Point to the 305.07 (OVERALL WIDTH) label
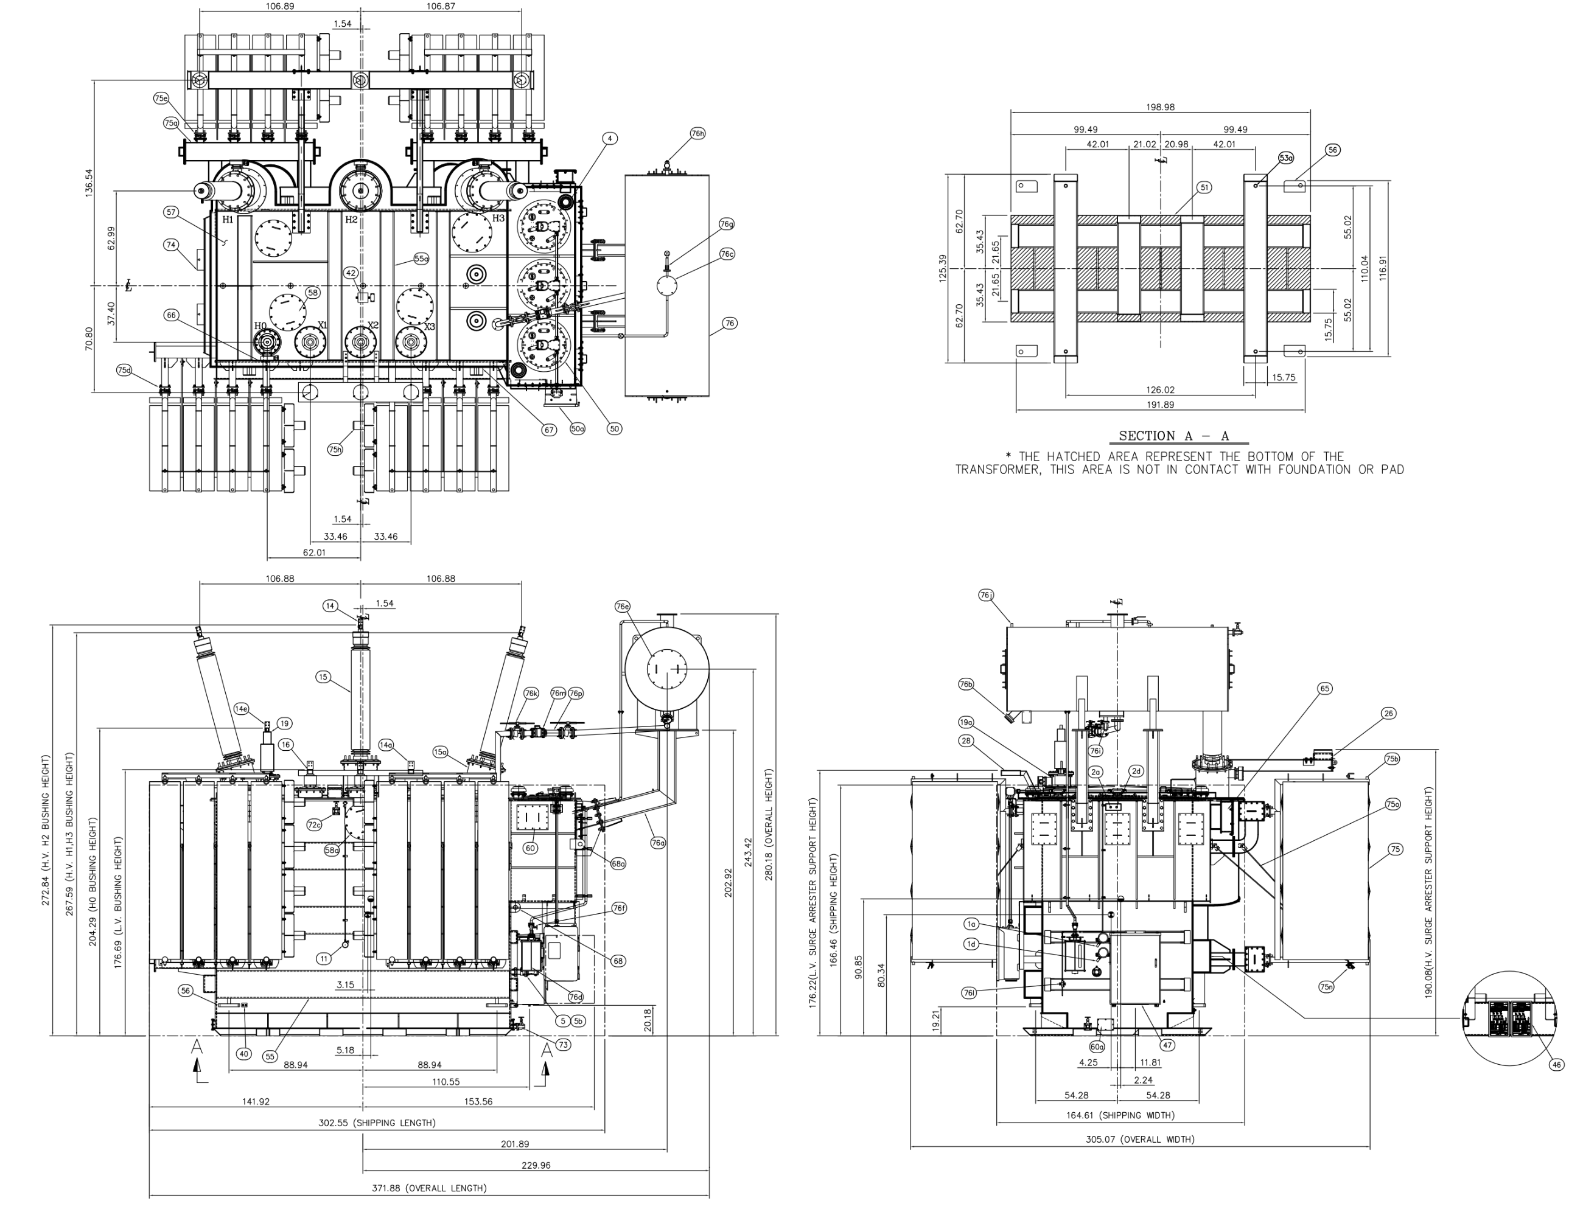click(x=1140, y=1139)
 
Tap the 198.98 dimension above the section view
click(x=1160, y=106)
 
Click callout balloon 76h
click(x=697, y=133)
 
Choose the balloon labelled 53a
click(x=1286, y=157)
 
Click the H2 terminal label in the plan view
click(x=351, y=219)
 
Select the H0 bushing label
click(x=260, y=326)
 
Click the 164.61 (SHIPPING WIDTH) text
click(x=1120, y=1115)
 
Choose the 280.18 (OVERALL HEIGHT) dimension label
click(x=769, y=824)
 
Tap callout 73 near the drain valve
click(x=563, y=1045)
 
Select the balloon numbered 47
click(x=1167, y=1045)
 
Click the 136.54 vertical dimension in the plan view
click(x=89, y=183)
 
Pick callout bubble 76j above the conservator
click(x=987, y=595)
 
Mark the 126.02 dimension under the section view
click(x=1160, y=389)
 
